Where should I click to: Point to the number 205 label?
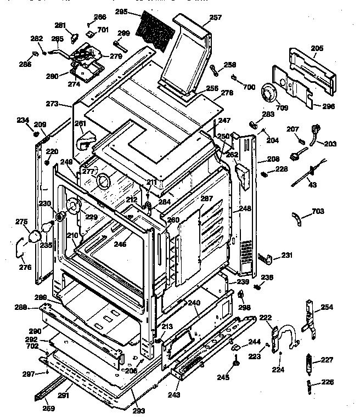click(x=317, y=49)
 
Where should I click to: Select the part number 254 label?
click(x=327, y=307)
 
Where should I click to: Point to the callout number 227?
click(x=327, y=360)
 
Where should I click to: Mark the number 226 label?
click(x=327, y=382)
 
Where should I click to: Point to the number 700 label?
click(x=249, y=87)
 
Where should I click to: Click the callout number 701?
click(x=103, y=29)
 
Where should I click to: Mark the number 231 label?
click(x=287, y=255)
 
